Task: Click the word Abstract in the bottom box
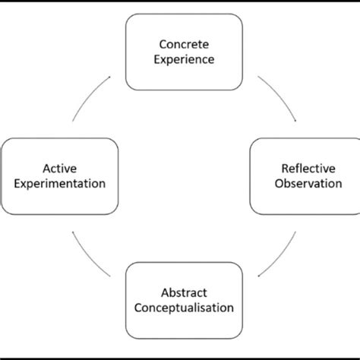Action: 184,292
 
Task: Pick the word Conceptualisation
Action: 184,308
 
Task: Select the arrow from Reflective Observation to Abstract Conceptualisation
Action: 279,254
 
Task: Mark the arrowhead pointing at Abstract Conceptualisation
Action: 261,276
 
